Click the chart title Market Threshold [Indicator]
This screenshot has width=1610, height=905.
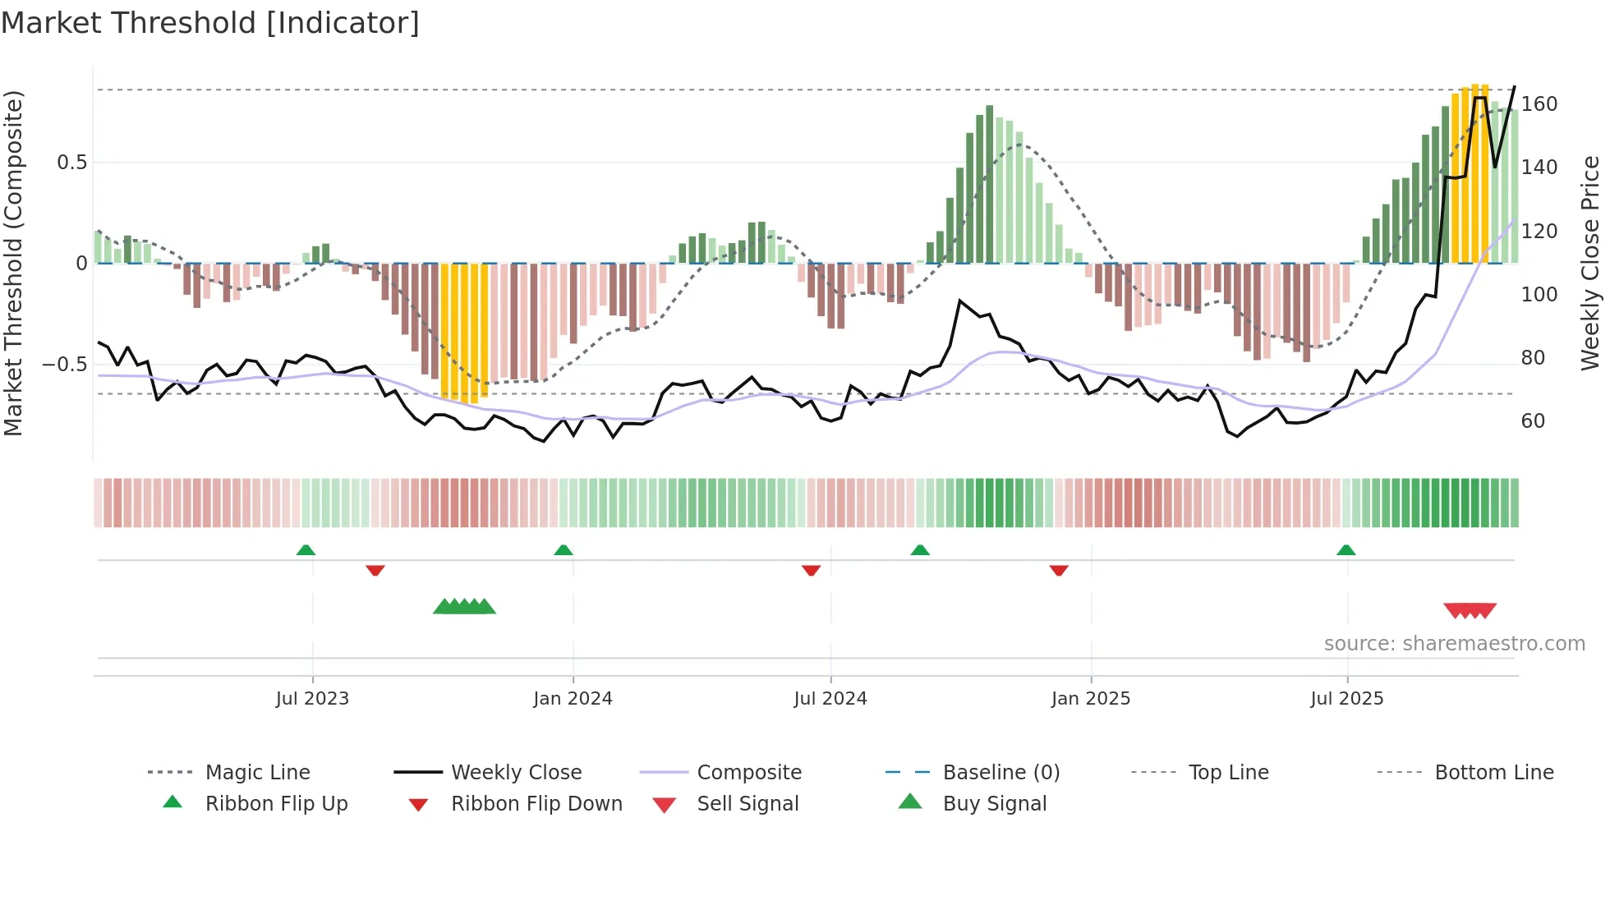click(x=210, y=23)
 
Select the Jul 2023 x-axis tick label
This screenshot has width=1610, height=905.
click(x=312, y=699)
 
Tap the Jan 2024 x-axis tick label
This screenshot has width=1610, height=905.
click(x=573, y=699)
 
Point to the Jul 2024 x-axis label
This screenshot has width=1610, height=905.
click(x=830, y=699)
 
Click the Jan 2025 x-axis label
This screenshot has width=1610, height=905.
click(x=1090, y=699)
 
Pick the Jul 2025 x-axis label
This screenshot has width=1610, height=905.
click(x=1346, y=699)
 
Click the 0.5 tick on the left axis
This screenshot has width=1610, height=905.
click(x=71, y=163)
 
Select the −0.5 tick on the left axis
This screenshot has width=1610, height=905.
click(x=64, y=365)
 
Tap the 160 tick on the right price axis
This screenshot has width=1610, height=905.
click(x=1539, y=104)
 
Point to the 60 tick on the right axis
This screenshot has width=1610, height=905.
click(x=1533, y=421)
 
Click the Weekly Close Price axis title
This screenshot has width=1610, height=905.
click(x=1590, y=263)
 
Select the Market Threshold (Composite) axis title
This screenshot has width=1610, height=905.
click(x=13, y=263)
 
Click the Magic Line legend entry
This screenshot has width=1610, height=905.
click(x=257, y=773)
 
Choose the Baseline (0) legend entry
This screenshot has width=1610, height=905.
click(x=1000, y=773)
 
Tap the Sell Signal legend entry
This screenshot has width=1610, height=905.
click(x=747, y=804)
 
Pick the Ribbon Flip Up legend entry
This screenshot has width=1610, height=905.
click(x=276, y=804)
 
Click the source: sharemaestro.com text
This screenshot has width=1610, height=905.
click(x=1454, y=644)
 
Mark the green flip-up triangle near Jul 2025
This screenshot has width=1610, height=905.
click(x=1345, y=550)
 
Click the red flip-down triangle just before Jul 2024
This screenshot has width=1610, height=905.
click(x=811, y=570)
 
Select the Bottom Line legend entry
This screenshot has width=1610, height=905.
click(x=1493, y=773)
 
